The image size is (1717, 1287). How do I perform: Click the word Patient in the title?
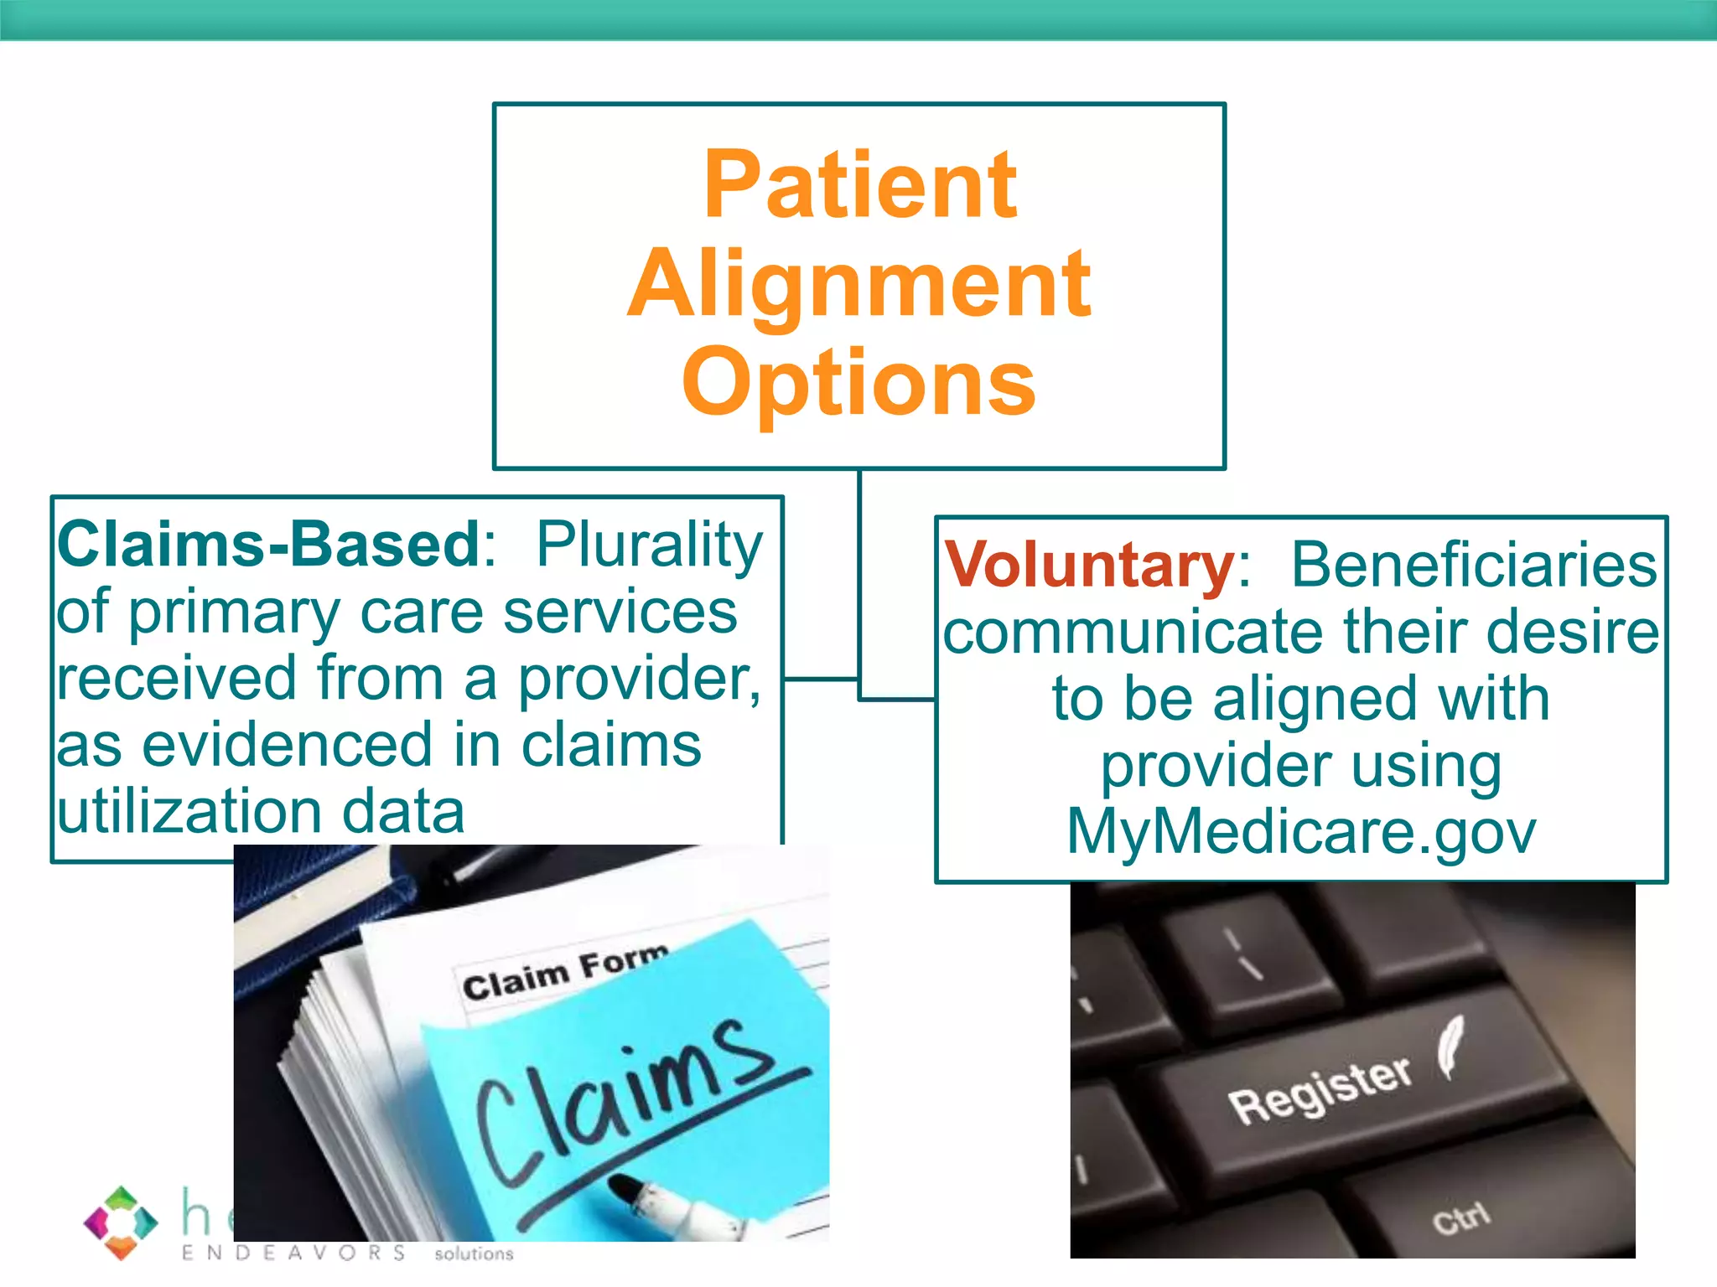coord(860,186)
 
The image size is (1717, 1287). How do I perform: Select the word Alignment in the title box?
coord(859,285)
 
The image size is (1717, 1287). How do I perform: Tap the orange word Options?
coord(859,383)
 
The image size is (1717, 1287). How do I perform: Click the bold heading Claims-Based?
coord(268,545)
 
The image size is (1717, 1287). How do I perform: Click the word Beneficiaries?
coord(1473,566)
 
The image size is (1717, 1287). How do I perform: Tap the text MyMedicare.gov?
coord(1300,832)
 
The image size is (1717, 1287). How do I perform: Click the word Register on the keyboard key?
coord(1320,1089)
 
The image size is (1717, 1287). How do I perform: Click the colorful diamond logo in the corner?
coord(121,1222)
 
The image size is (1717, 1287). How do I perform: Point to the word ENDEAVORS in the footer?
coord(293,1253)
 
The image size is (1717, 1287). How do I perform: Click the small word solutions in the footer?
coord(474,1253)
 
